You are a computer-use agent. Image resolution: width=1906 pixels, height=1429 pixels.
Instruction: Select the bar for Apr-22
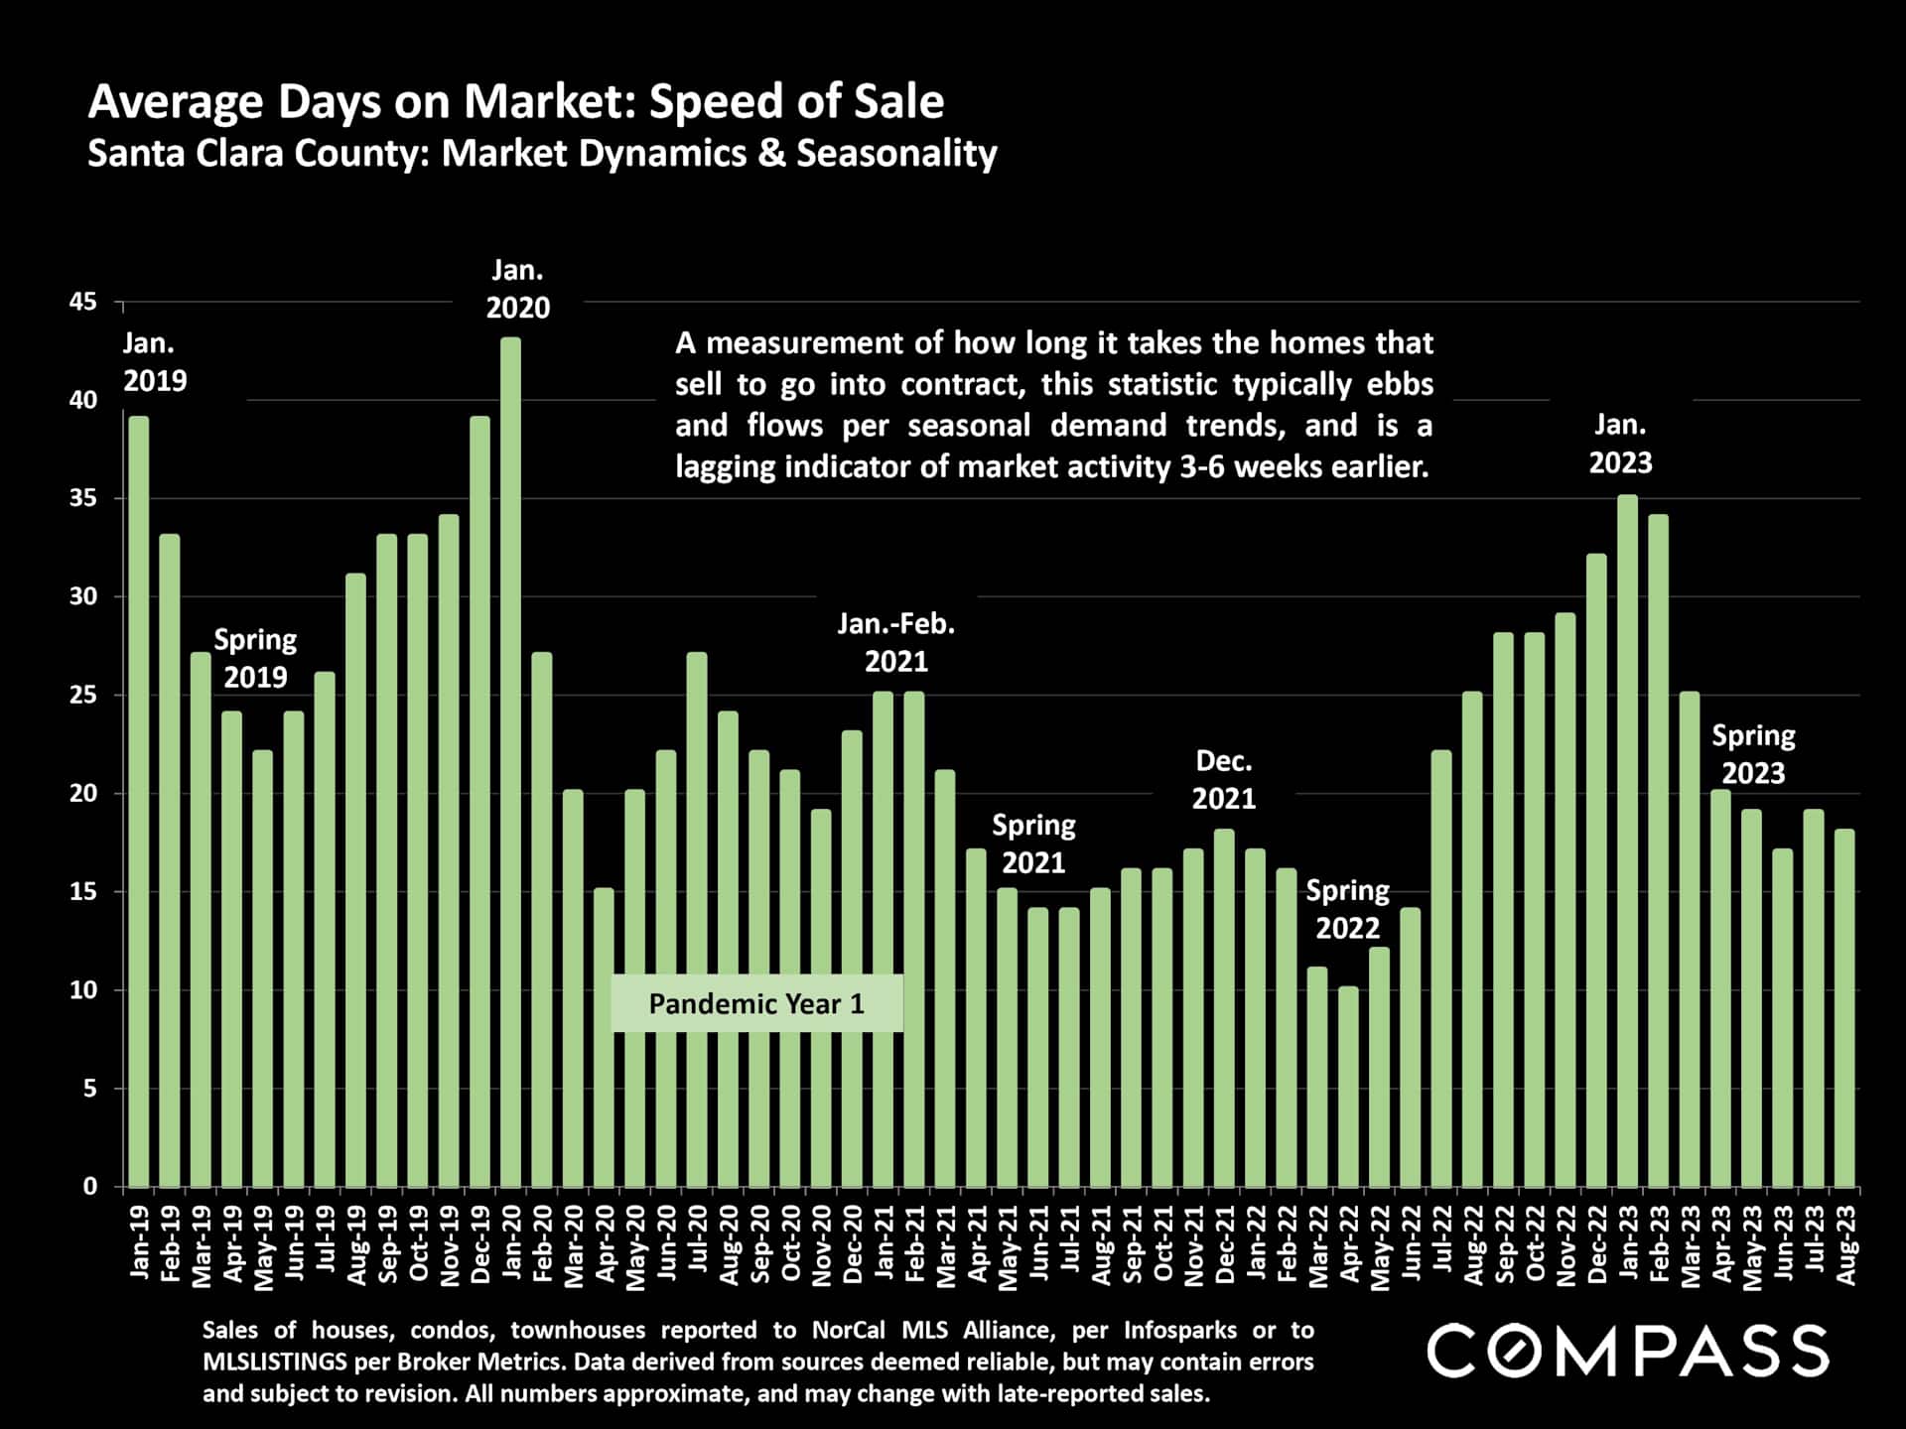1348,1087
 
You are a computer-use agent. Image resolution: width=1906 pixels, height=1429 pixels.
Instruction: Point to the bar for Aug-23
1844,1008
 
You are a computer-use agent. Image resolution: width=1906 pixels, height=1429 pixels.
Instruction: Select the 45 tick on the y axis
83,302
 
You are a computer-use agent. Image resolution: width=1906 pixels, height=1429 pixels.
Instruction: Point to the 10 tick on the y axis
83,990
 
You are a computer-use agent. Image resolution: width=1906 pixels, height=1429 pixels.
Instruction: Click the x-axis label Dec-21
1225,1245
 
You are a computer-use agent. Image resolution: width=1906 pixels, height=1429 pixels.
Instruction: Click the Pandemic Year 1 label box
756,1003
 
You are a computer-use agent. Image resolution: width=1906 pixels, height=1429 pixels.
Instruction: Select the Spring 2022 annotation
1347,909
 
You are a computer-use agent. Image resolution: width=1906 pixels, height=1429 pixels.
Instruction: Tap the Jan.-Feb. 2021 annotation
895,642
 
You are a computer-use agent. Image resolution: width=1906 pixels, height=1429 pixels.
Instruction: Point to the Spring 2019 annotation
255,658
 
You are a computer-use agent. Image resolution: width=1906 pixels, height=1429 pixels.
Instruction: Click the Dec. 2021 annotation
1223,780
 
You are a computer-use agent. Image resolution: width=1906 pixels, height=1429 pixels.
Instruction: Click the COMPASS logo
1627,1351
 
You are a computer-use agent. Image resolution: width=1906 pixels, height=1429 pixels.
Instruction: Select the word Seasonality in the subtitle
896,154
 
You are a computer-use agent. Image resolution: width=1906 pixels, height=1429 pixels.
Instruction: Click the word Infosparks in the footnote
1180,1330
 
